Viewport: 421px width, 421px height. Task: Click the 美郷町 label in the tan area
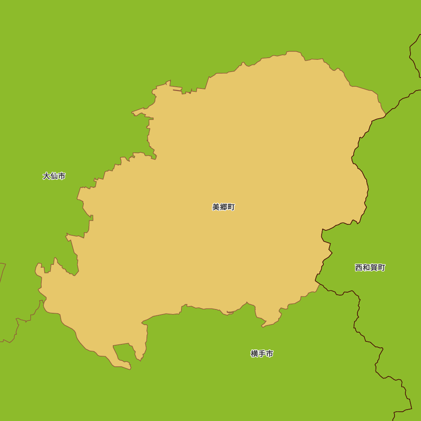click(224, 207)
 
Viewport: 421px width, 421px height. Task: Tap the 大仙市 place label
click(54, 176)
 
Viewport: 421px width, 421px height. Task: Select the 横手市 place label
click(262, 354)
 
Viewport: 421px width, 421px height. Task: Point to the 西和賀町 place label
click(370, 267)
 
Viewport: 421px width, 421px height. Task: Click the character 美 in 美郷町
click(216, 207)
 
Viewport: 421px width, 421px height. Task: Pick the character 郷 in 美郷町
click(224, 207)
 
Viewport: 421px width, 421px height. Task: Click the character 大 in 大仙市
click(46, 176)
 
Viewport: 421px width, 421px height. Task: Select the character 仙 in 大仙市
click(54, 176)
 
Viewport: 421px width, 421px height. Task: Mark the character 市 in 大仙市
click(61, 176)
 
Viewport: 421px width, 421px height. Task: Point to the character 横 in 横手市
click(254, 354)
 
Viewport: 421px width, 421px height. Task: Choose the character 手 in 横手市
click(262, 354)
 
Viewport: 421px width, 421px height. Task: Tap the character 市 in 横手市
click(269, 354)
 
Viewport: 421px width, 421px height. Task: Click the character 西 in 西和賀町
click(359, 267)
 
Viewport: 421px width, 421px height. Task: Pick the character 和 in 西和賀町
click(366, 267)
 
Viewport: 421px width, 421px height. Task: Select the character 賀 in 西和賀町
click(374, 267)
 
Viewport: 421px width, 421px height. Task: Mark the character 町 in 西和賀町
click(381, 267)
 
